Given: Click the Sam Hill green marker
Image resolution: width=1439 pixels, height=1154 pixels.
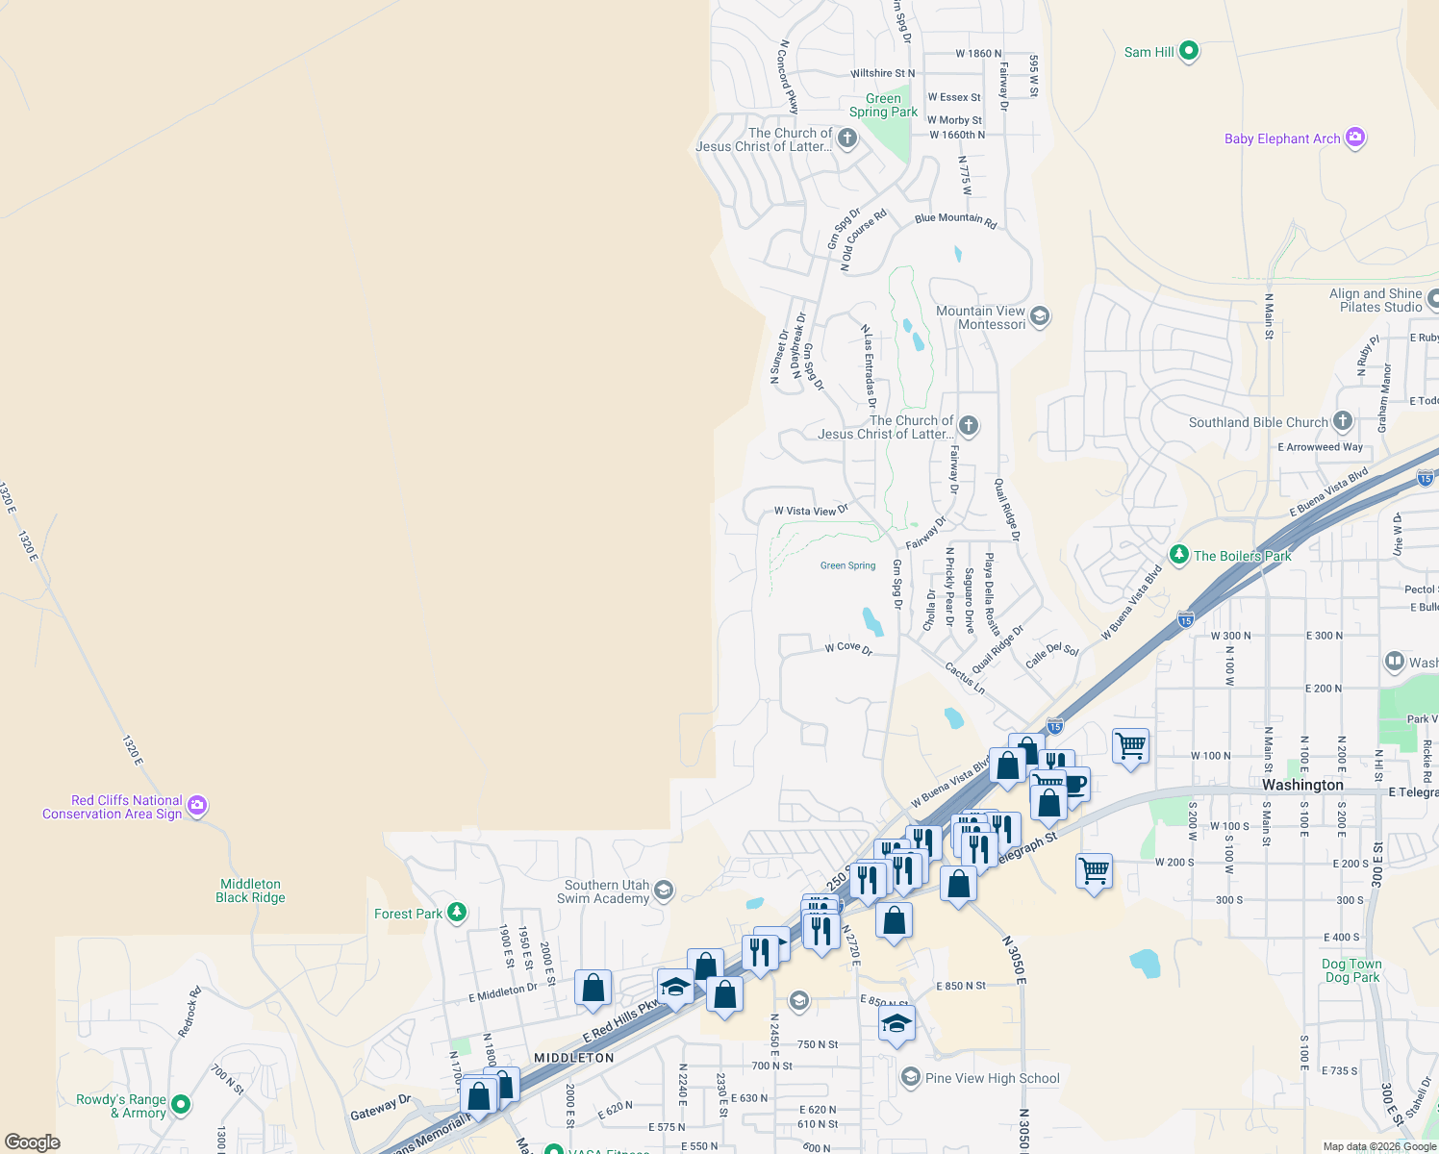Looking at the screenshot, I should [1188, 51].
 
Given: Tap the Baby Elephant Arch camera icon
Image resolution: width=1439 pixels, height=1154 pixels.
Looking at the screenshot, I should [1355, 138].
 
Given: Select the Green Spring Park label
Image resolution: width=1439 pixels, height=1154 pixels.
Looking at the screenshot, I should [883, 105].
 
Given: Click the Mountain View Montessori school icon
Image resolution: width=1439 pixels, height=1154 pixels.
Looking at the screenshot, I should [1039, 316].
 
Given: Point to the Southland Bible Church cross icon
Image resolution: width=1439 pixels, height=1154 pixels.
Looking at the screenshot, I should [1342, 421].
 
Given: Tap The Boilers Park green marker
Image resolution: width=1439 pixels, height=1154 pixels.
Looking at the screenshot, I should [1178, 555].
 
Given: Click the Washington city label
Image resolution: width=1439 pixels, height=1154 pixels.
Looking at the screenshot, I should [1302, 785].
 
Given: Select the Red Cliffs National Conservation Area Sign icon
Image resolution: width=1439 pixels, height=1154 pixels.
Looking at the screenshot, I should [197, 806].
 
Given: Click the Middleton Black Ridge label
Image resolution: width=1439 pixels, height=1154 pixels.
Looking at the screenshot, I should [250, 891].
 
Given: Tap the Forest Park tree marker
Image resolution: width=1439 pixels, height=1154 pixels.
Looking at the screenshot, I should [457, 913].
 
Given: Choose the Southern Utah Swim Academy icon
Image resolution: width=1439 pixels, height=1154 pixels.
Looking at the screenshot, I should [663, 891].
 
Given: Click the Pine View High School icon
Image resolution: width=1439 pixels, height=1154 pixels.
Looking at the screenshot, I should [910, 1077].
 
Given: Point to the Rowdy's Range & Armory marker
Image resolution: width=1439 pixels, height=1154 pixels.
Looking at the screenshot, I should [180, 1105].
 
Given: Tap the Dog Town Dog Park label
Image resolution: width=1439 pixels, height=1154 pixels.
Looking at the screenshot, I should [1351, 970].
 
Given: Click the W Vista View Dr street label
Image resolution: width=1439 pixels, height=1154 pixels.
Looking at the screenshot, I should [811, 511].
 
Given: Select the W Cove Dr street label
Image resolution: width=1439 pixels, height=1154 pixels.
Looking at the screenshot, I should [848, 648].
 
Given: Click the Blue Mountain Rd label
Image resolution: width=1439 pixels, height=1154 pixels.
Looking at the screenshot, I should [955, 219].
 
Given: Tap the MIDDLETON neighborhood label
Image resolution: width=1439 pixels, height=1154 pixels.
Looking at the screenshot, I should [573, 1057].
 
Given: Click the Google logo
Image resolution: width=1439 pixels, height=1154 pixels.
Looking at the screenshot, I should [33, 1142].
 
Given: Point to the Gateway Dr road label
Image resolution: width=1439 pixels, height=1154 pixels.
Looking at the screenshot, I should [380, 1107].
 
